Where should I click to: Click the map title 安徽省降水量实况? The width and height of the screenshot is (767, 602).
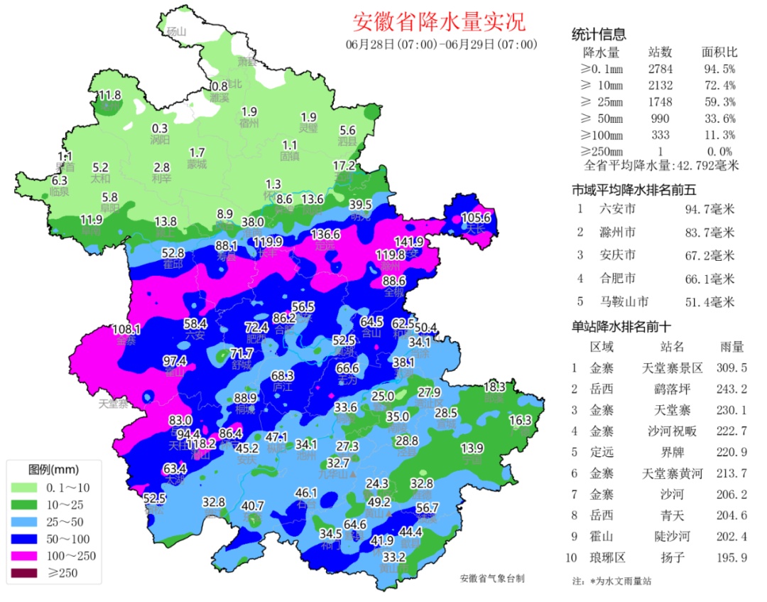(440, 22)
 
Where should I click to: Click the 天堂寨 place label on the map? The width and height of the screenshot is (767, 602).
(114, 404)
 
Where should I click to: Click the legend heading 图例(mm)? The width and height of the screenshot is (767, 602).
(53, 470)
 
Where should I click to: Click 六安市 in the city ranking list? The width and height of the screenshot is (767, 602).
(617, 209)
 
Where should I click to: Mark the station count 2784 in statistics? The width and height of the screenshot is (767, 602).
(660, 69)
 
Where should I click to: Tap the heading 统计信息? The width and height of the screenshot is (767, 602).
(599, 35)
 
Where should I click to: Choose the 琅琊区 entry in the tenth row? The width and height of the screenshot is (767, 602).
(602, 557)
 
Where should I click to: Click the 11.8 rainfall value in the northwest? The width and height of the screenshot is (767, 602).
(109, 95)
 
